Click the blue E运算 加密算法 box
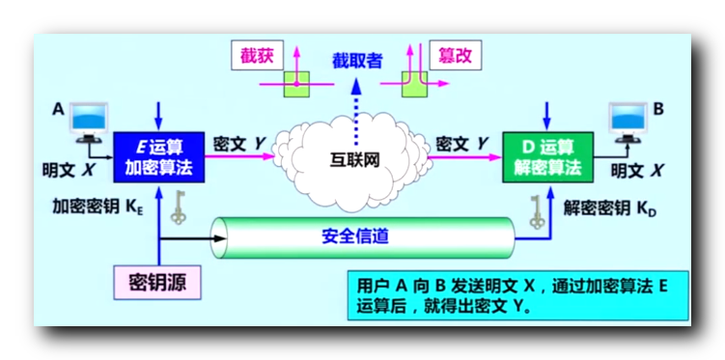point(159,157)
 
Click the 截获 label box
point(257,55)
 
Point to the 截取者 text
point(357,60)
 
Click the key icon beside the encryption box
point(178,207)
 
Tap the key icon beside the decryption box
point(538,209)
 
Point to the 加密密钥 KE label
point(98,207)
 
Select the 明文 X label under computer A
point(69,169)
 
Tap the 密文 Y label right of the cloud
point(462,143)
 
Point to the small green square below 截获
point(296,84)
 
